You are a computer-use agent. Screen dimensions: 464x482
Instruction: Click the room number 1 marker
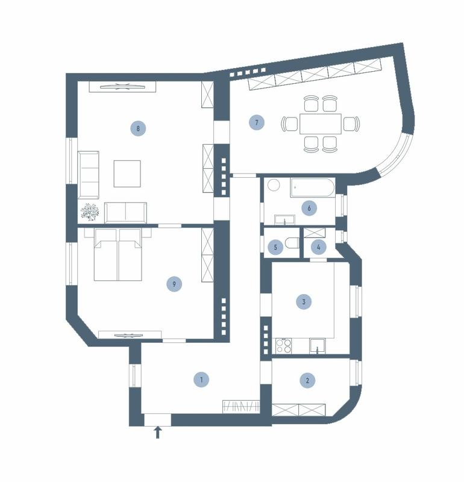201,380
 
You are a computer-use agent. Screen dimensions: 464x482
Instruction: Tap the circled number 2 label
307,381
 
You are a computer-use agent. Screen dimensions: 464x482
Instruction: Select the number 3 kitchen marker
304,302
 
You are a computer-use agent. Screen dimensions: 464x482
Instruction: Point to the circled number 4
319,247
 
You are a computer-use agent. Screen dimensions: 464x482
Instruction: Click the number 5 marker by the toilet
275,247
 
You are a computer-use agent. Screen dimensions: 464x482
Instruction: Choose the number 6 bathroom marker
309,208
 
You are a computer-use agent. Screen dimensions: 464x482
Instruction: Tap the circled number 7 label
257,123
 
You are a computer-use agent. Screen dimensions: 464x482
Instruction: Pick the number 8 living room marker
138,128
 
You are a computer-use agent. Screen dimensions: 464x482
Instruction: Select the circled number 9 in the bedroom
174,284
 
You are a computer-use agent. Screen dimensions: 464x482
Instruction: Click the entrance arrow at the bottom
158,432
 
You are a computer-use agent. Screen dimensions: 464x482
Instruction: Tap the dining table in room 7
321,124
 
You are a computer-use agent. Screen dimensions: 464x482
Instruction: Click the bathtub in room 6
312,187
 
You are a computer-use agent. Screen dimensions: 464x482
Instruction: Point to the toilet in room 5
292,243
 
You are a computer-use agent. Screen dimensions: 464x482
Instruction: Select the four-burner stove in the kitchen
284,346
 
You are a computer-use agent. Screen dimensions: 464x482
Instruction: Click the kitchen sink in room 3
318,346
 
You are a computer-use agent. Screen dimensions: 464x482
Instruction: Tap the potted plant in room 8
90,212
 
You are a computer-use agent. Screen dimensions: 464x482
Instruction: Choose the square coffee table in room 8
127,174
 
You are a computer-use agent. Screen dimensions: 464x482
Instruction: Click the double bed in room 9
118,254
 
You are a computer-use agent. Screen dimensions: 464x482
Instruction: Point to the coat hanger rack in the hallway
242,406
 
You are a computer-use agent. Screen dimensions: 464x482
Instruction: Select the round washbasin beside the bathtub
274,186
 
